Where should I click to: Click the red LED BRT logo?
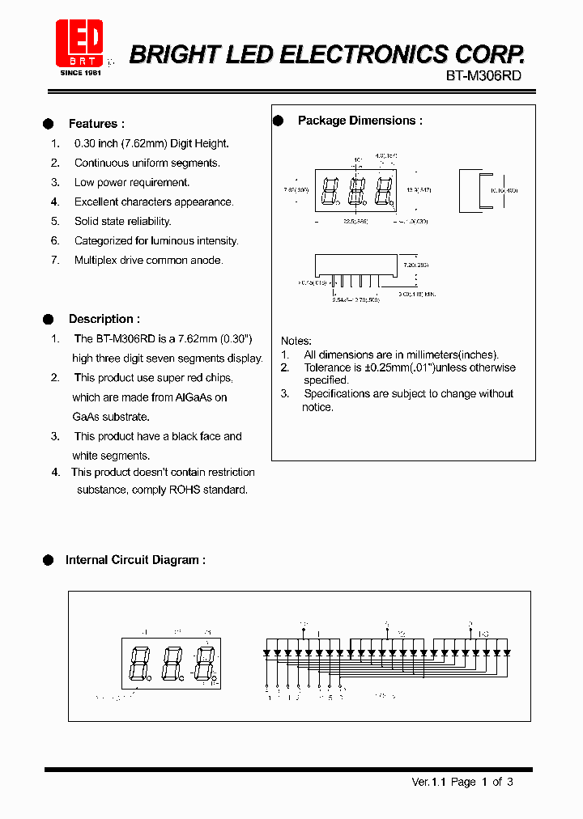[x=79, y=42]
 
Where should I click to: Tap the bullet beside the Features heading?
[x=48, y=124]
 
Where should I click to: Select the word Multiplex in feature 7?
[x=96, y=260]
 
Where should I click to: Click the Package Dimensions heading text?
[x=360, y=121]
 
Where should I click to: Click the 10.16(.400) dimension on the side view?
[x=504, y=191]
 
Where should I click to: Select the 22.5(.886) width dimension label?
[x=355, y=220]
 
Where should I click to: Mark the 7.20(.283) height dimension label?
[x=416, y=265]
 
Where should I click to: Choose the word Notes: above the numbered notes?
[x=296, y=341]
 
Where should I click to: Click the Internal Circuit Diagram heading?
[x=135, y=559]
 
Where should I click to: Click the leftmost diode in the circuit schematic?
[x=267, y=651]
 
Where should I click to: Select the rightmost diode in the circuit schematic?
[x=507, y=651]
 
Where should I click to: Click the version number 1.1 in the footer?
[x=439, y=782]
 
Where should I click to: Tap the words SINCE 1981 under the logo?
[x=81, y=72]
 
